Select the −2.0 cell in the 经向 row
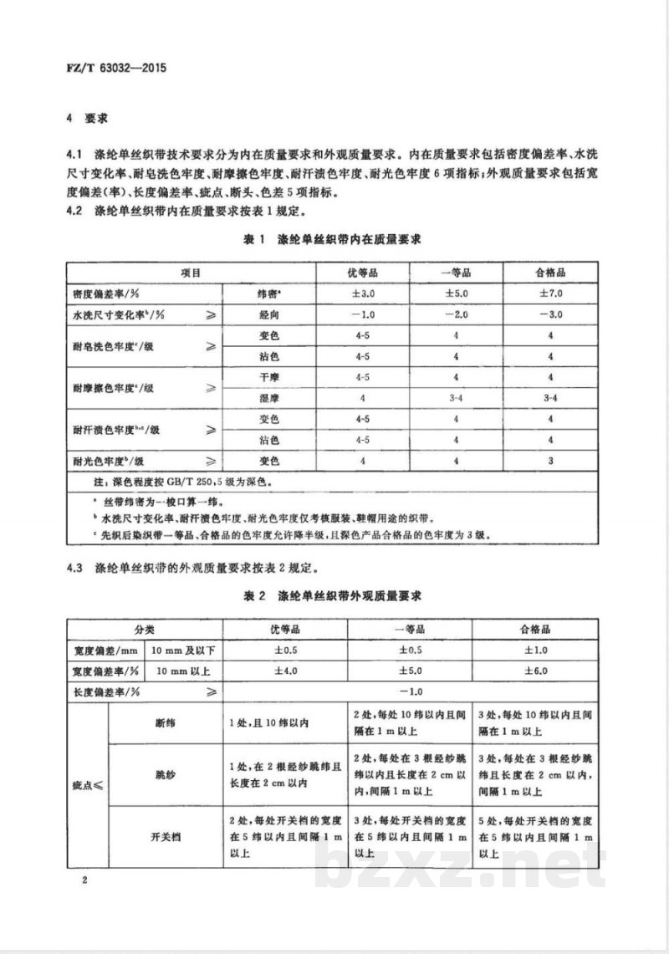pyautogui.click(x=457, y=314)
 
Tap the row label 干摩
pyautogui.click(x=268, y=377)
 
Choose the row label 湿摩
pyautogui.click(x=268, y=398)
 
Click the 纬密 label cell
pyautogui.click(x=268, y=294)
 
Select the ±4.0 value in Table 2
pyautogui.click(x=287, y=671)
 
